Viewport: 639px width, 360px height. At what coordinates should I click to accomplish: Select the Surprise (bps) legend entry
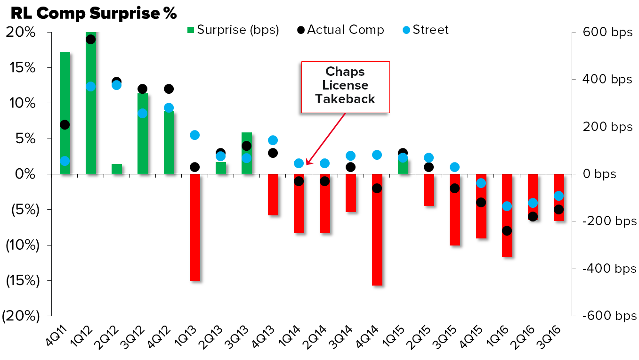click(233, 30)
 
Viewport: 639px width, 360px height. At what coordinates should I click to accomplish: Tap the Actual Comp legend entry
click(340, 30)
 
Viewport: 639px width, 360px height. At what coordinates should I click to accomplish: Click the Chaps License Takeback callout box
click(345, 87)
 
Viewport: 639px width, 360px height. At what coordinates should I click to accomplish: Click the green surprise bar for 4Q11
click(65, 94)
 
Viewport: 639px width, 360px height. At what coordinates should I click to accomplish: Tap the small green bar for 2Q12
click(117, 169)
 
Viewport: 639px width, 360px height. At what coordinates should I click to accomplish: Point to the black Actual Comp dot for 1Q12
click(91, 40)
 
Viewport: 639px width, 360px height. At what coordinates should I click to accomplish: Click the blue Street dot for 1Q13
click(195, 135)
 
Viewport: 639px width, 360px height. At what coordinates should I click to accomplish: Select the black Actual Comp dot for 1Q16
click(507, 231)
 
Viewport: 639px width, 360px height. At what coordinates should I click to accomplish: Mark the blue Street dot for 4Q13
click(273, 140)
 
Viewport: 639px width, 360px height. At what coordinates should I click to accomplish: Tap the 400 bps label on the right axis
click(607, 80)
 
